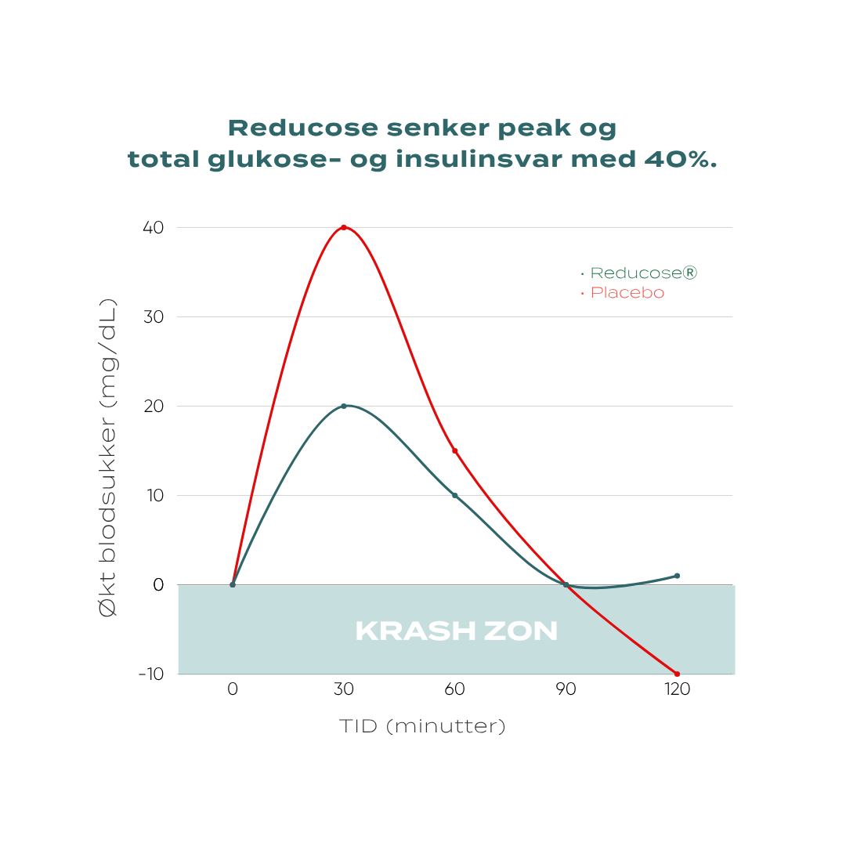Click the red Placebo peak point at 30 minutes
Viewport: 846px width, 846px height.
(x=343, y=227)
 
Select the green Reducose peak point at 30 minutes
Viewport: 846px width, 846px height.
(x=343, y=406)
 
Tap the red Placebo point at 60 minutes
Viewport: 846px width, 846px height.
(x=454, y=450)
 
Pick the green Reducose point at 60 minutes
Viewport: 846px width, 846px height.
(x=454, y=495)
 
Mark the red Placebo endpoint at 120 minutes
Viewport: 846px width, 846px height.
(x=677, y=674)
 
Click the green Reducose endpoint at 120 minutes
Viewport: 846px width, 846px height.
(x=677, y=576)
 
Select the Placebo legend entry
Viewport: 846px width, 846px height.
(x=627, y=293)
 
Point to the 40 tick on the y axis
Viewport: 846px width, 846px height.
(x=153, y=227)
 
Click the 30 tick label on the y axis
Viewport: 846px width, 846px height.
(x=153, y=316)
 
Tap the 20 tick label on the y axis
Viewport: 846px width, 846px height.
(x=153, y=406)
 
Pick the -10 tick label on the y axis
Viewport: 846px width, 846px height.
(x=150, y=674)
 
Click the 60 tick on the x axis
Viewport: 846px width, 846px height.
(x=454, y=690)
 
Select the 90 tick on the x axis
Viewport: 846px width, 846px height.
(x=566, y=690)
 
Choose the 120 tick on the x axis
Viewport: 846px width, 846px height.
(x=677, y=690)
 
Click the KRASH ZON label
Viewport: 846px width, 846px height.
(x=456, y=631)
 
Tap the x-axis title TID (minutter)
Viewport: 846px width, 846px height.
(x=422, y=727)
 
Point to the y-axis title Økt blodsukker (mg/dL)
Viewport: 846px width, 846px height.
(x=109, y=457)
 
